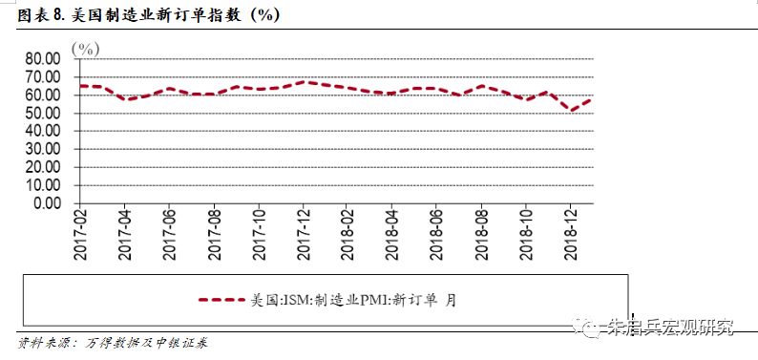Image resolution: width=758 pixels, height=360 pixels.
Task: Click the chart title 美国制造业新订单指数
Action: click(x=153, y=16)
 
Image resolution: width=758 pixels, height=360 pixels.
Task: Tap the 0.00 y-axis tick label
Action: click(x=43, y=203)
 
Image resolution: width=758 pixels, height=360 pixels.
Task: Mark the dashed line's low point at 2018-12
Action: click(x=572, y=111)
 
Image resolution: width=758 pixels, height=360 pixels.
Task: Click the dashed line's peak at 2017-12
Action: click(x=304, y=82)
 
